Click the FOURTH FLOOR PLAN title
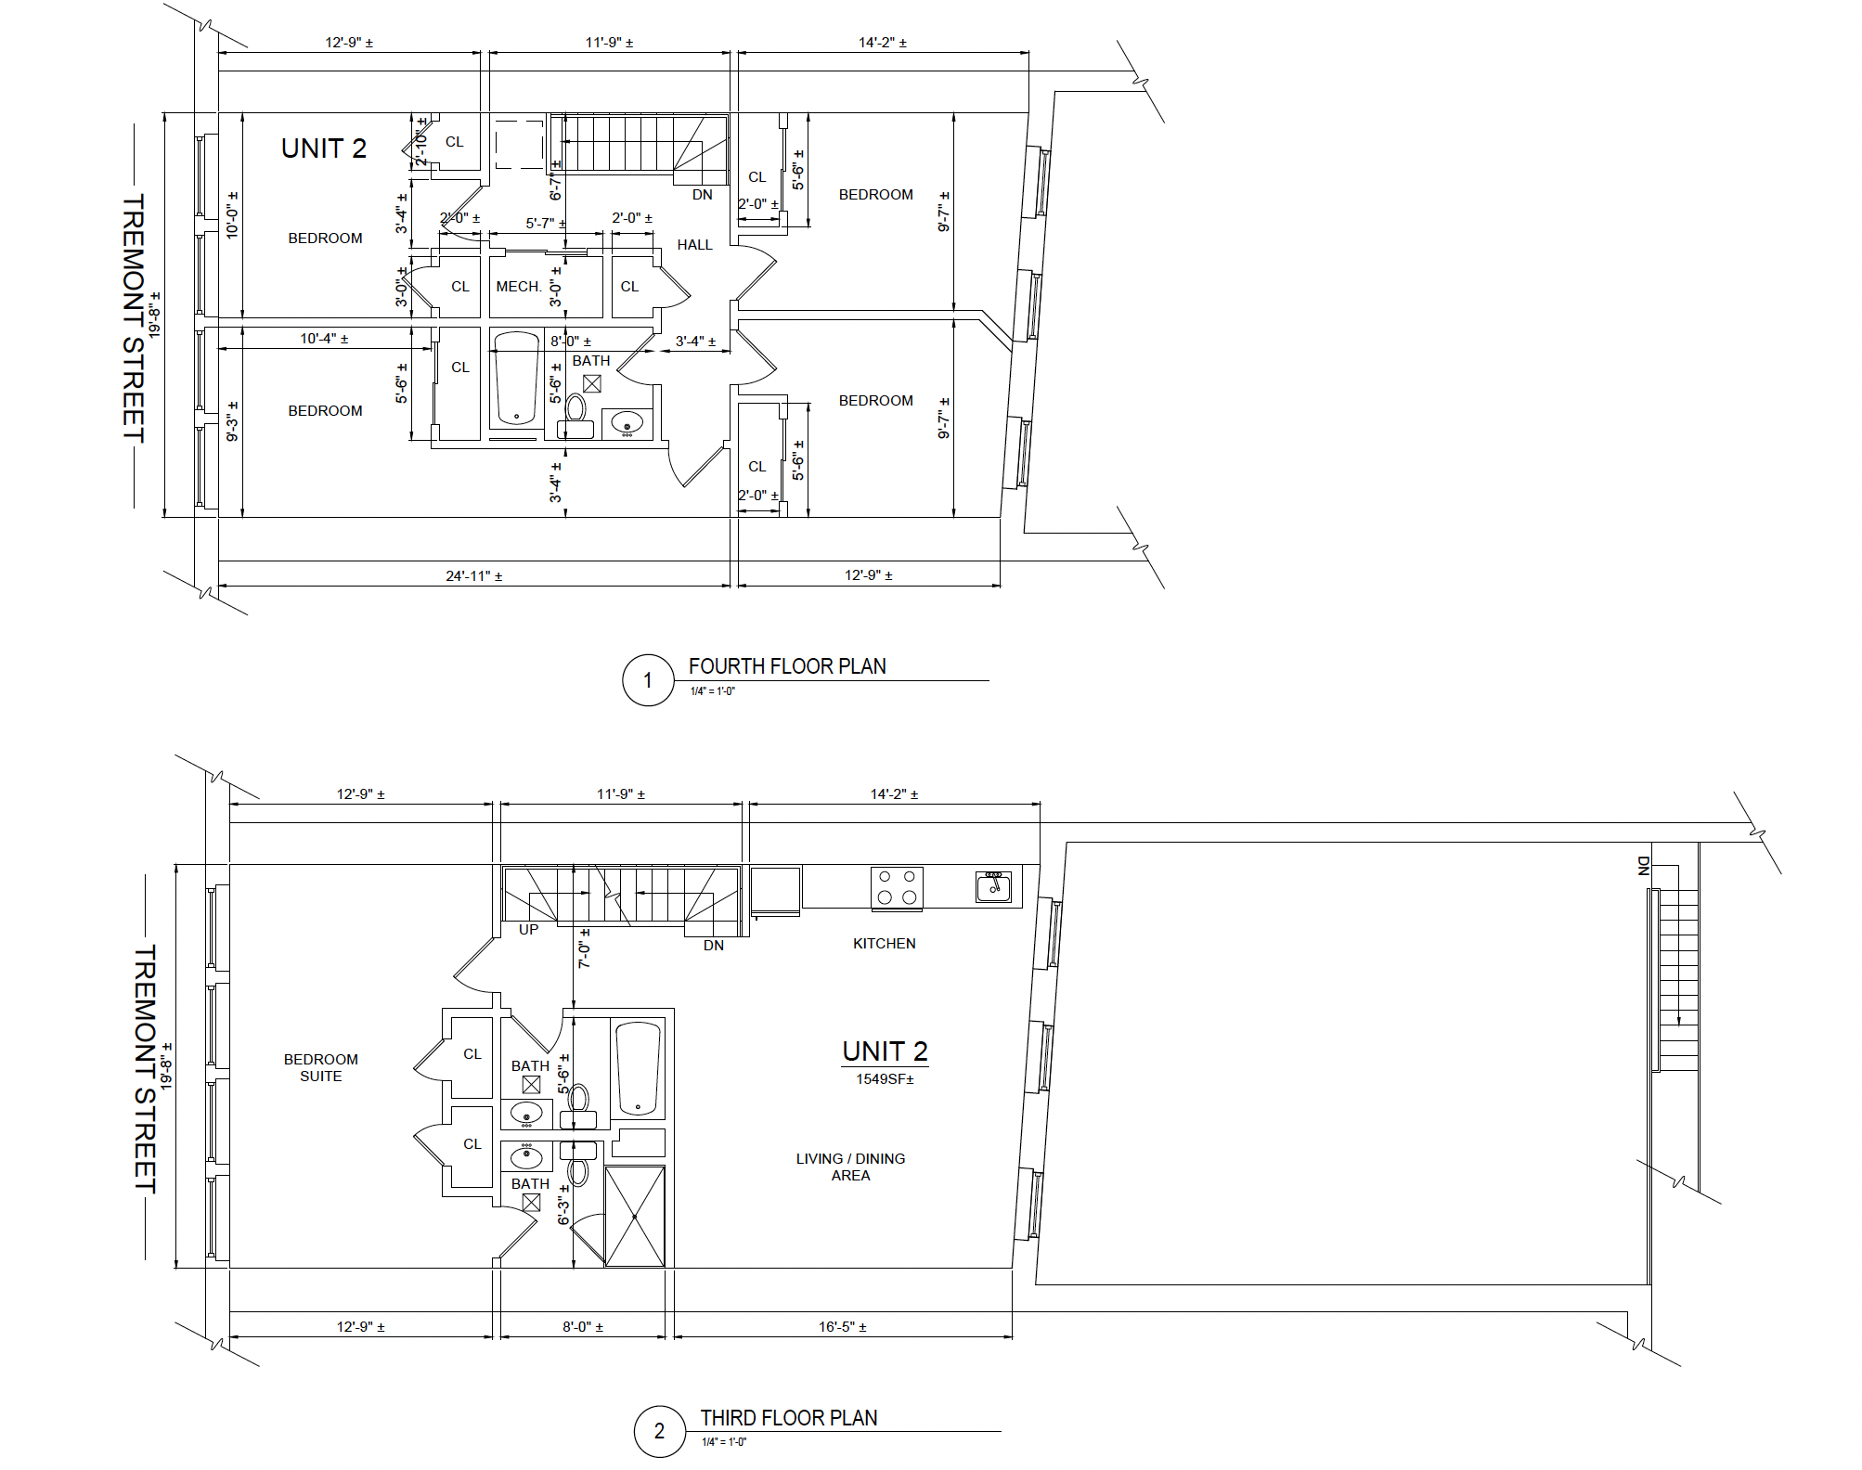point(787,666)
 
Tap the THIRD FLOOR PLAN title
point(789,1418)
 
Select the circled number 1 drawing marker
point(648,680)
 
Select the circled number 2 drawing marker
point(660,1431)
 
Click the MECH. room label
point(519,287)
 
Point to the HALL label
point(694,245)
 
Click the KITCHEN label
point(885,944)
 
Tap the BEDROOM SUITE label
point(321,1068)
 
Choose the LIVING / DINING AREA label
point(850,1167)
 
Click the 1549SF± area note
point(885,1079)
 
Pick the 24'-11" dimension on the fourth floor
point(474,576)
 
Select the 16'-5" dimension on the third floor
point(843,1327)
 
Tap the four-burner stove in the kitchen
point(897,886)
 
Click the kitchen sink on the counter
point(993,886)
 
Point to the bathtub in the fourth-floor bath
point(517,379)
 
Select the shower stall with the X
point(635,1216)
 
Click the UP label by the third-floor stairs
point(528,930)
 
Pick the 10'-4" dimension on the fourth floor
point(324,339)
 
